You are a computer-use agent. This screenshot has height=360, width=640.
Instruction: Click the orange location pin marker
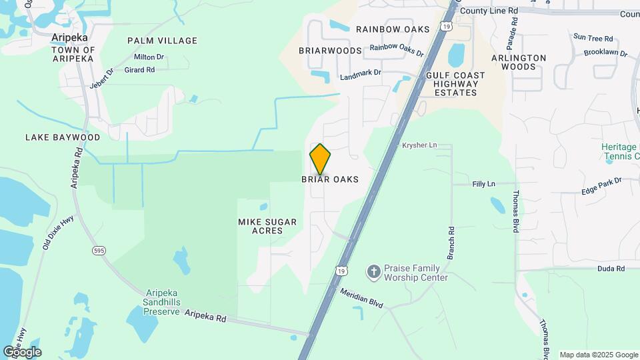click(320, 159)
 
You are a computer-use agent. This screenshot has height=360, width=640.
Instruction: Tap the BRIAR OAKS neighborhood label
click(330, 179)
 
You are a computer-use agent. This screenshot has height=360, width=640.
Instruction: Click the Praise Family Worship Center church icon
click(374, 272)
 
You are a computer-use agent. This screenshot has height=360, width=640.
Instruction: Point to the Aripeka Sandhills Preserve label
click(163, 302)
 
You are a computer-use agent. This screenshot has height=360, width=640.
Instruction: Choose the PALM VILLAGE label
click(163, 41)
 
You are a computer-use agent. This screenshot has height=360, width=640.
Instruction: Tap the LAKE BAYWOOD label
click(63, 137)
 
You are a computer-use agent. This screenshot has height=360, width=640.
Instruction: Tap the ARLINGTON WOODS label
click(519, 62)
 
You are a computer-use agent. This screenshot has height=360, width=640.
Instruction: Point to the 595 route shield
click(98, 250)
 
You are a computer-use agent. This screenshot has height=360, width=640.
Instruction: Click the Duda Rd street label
click(611, 269)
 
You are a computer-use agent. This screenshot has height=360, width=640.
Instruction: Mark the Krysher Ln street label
click(419, 145)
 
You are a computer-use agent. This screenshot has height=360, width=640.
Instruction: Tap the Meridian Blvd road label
click(361, 297)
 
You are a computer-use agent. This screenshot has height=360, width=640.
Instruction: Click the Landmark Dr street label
click(360, 75)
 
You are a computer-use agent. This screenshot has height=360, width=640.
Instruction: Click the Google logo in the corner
click(22, 352)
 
